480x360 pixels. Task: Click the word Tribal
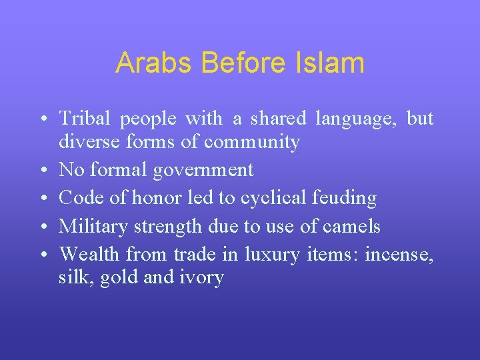click(86, 119)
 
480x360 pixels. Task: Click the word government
click(203, 171)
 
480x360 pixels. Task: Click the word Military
click(94, 227)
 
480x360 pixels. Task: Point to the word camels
click(351, 227)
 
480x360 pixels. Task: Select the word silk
click(76, 277)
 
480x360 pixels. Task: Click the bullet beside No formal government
click(42, 171)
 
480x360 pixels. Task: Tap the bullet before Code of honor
click(42, 199)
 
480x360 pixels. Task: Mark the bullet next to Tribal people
click(42, 120)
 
